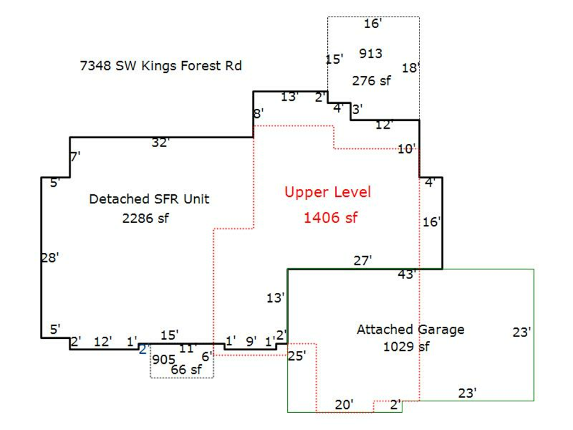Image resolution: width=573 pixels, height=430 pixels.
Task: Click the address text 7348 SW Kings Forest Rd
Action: pyautogui.click(x=160, y=66)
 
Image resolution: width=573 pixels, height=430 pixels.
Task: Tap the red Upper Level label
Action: pyautogui.click(x=327, y=192)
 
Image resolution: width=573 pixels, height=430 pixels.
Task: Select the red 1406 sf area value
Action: pyautogui.click(x=330, y=218)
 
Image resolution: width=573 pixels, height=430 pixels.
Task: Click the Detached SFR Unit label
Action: pyautogui.click(x=149, y=199)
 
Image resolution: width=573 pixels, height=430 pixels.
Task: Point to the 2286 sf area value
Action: pyautogui.click(x=146, y=219)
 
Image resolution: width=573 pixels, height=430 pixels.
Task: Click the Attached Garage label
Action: pyautogui.click(x=410, y=329)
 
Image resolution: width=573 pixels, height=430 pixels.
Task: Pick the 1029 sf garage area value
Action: pyautogui.click(x=406, y=347)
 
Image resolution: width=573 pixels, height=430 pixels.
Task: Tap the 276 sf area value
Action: pyautogui.click(x=371, y=81)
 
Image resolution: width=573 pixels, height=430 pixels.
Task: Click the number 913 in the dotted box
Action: pyautogui.click(x=371, y=54)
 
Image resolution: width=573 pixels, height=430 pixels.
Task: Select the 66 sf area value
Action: pyautogui.click(x=186, y=369)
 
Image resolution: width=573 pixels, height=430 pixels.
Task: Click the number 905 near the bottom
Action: pyautogui.click(x=163, y=359)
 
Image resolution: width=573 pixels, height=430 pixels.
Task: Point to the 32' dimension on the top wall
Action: pyautogui.click(x=160, y=143)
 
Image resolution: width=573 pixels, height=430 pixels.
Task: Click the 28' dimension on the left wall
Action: pyautogui.click(x=50, y=257)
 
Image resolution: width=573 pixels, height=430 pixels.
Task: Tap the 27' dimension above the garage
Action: pyautogui.click(x=362, y=260)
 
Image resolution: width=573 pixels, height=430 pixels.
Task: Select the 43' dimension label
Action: pyautogui.click(x=406, y=275)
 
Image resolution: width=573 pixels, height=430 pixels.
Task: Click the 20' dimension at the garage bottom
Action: pyautogui.click(x=344, y=405)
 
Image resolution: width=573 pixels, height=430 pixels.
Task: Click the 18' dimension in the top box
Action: pyautogui.click(x=411, y=68)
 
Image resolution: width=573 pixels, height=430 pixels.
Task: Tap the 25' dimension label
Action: pyautogui.click(x=297, y=355)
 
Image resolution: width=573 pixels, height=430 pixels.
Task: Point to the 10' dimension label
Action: pyautogui.click(x=406, y=149)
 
